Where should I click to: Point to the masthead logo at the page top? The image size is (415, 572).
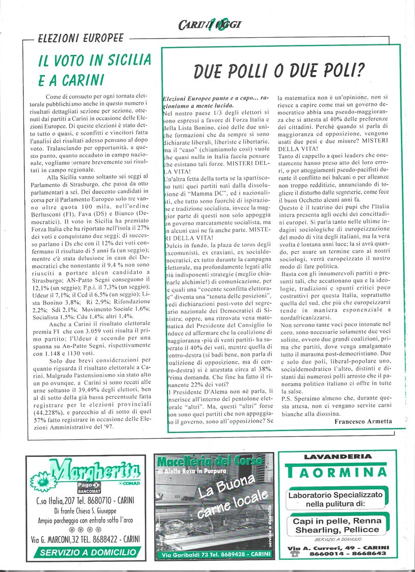(x=210, y=24)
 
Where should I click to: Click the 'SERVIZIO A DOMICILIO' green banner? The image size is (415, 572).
(x=88, y=552)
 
